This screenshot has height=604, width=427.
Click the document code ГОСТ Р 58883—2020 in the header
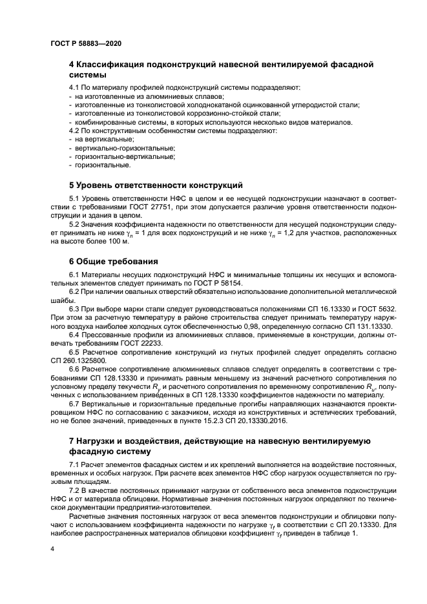click(85, 43)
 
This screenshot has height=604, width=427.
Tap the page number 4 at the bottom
click(52, 548)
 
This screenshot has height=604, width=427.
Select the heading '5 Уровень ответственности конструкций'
click(147, 184)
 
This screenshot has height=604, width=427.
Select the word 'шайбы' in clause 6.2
click(63, 300)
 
